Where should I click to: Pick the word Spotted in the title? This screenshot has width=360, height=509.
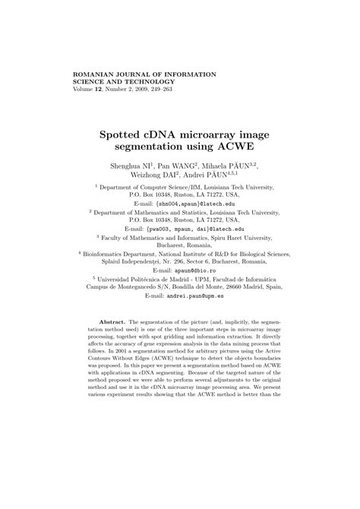125,134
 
